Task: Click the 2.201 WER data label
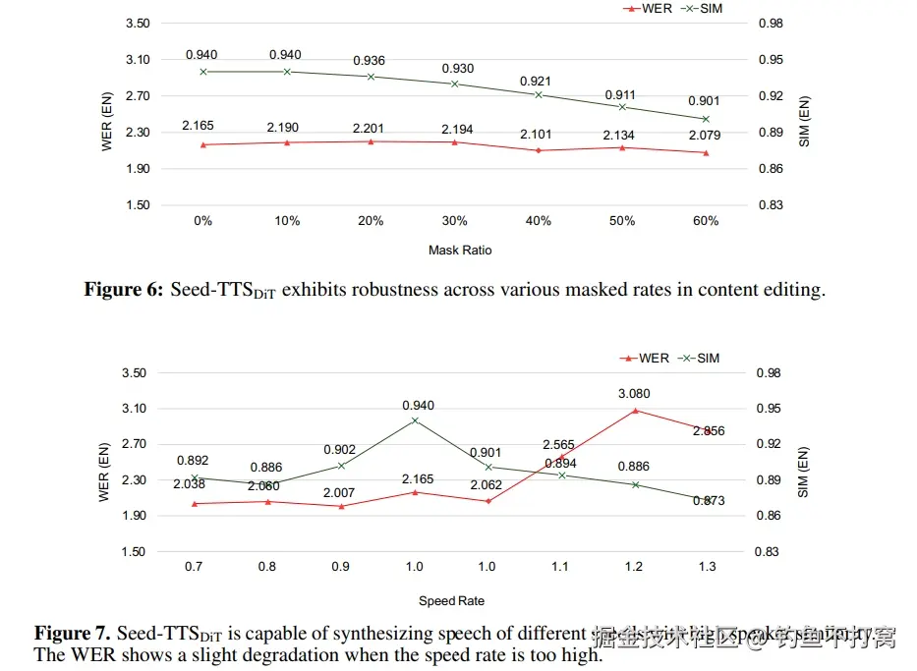(371, 128)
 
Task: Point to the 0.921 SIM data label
(538, 81)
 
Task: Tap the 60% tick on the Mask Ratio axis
(706, 221)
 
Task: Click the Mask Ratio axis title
(460, 250)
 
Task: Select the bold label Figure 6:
(124, 290)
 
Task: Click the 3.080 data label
(634, 394)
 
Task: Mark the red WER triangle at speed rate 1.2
(635, 410)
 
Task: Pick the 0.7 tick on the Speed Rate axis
(194, 567)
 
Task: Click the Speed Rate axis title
(451, 600)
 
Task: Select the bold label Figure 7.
(75, 634)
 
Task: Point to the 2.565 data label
(560, 444)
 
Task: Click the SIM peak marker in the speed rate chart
(415, 420)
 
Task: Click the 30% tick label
(454, 221)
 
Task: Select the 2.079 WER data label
(706, 135)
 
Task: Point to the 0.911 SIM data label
(621, 95)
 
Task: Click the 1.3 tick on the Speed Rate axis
(708, 567)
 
